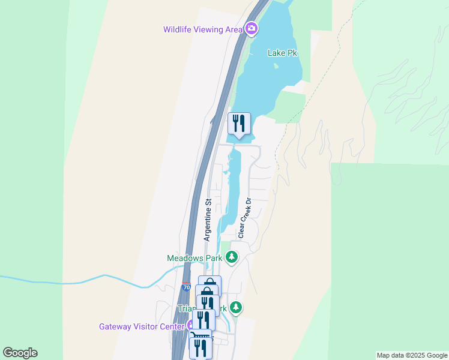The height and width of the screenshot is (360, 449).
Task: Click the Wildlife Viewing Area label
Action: click(x=203, y=29)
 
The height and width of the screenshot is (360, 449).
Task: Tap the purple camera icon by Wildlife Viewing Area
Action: click(x=251, y=28)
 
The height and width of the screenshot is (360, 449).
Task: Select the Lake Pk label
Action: click(x=282, y=53)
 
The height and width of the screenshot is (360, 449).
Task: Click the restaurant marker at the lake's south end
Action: click(x=239, y=124)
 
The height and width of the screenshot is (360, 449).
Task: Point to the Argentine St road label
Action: click(x=208, y=220)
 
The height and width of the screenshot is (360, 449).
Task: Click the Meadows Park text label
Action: click(x=194, y=258)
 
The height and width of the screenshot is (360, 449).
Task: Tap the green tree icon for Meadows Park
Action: click(x=232, y=258)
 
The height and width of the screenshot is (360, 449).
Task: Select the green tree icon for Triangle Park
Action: click(x=236, y=308)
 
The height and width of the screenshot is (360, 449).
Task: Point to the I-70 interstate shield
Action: click(x=186, y=287)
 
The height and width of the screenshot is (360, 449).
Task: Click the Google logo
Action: click(x=20, y=353)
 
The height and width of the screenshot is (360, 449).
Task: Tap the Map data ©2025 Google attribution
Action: click(x=412, y=355)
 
